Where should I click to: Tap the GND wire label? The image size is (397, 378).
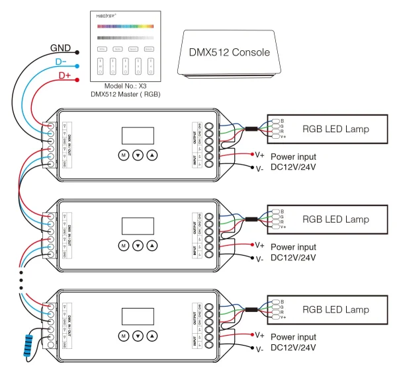click(61, 49)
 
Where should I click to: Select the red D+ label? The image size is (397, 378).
click(64, 76)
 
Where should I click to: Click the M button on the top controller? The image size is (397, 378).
click(122, 155)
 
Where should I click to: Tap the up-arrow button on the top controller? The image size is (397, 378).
click(153, 155)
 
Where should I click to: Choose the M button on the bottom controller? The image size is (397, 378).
click(122, 336)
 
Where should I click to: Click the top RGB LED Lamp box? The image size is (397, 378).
click(335, 128)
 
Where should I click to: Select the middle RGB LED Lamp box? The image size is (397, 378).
click(335, 219)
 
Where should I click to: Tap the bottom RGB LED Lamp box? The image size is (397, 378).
click(335, 309)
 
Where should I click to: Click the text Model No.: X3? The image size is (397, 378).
click(125, 87)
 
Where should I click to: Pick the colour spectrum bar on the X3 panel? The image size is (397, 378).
click(125, 27)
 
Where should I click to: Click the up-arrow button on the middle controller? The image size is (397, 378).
click(153, 246)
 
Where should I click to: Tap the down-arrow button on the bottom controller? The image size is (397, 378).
click(138, 336)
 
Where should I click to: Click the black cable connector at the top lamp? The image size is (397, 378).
click(252, 129)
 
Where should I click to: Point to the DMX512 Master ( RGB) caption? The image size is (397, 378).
click(125, 95)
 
